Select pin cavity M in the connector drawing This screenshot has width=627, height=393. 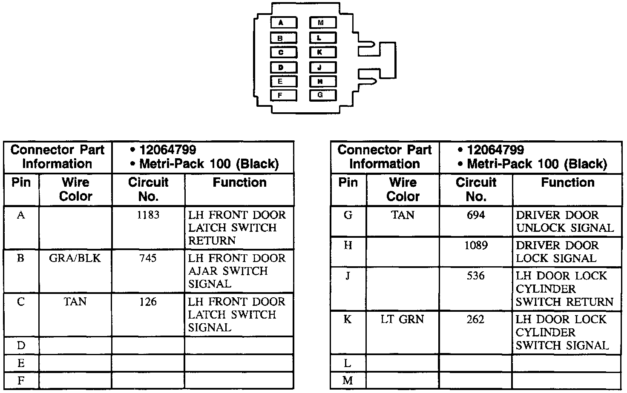point(322,23)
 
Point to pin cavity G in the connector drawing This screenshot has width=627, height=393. point(322,95)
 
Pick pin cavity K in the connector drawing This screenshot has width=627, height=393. point(322,52)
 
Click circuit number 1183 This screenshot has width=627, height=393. point(148,215)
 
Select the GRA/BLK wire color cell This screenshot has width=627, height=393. point(75,259)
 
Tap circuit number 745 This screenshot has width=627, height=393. point(148,259)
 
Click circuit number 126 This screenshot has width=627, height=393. point(148,302)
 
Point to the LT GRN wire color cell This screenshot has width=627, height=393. point(402,319)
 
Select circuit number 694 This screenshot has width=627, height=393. point(475,215)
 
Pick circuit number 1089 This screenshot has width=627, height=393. point(475,245)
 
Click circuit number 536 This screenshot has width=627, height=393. point(475,276)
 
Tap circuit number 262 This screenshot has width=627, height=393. point(475,319)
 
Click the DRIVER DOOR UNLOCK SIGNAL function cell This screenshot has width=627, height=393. point(565,222)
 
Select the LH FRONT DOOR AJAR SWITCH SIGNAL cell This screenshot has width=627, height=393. point(236,271)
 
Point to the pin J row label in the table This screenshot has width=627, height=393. point(348,276)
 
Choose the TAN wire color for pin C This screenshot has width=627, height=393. point(75,302)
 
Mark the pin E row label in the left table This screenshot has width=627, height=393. point(21,363)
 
